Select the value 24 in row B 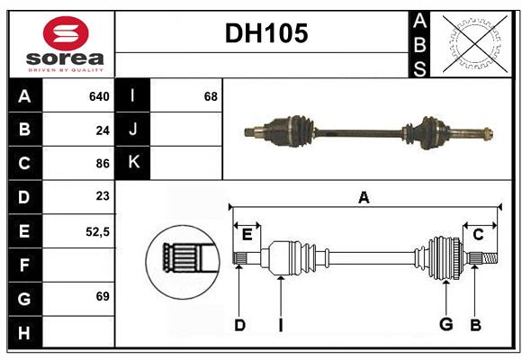pos(103,130)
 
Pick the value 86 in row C pos(103,164)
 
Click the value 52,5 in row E pos(97,231)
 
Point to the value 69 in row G pos(103,296)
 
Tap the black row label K pos(133,163)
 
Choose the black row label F pos(24,265)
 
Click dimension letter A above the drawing pos(364,197)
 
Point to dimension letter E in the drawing pos(247,235)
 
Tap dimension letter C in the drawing pos(478,235)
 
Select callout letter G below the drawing pos(445,325)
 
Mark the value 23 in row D pos(103,196)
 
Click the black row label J pos(133,130)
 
